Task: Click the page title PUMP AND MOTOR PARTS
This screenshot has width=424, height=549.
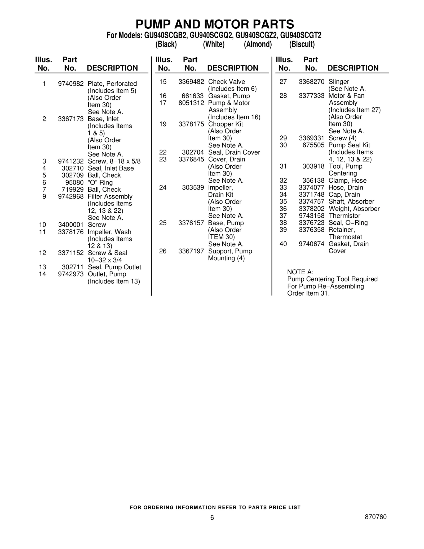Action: [x=215, y=24]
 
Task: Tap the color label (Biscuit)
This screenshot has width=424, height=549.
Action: [x=302, y=44]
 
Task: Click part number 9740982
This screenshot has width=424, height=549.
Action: [x=71, y=84]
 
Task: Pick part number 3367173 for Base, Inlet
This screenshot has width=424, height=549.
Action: [x=71, y=119]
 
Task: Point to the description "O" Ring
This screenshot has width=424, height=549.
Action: [x=100, y=182]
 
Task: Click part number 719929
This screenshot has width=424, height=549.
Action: [x=72, y=190]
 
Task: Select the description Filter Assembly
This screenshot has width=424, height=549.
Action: [x=110, y=196]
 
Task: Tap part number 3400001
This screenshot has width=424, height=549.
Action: [x=71, y=225]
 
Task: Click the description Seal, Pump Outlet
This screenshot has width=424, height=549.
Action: [x=114, y=267]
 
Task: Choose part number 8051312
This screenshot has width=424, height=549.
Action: [x=191, y=103]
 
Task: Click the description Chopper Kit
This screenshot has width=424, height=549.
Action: [x=225, y=124]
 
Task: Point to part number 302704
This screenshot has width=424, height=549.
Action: [x=193, y=152]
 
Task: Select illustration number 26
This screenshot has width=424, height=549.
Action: [x=163, y=251]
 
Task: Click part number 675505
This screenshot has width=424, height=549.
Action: [x=313, y=145]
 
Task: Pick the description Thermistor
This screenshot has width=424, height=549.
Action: [x=344, y=216]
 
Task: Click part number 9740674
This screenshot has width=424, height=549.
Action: [x=311, y=244]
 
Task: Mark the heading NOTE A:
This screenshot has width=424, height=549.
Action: [x=300, y=272]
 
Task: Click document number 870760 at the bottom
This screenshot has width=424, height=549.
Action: [x=376, y=517]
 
